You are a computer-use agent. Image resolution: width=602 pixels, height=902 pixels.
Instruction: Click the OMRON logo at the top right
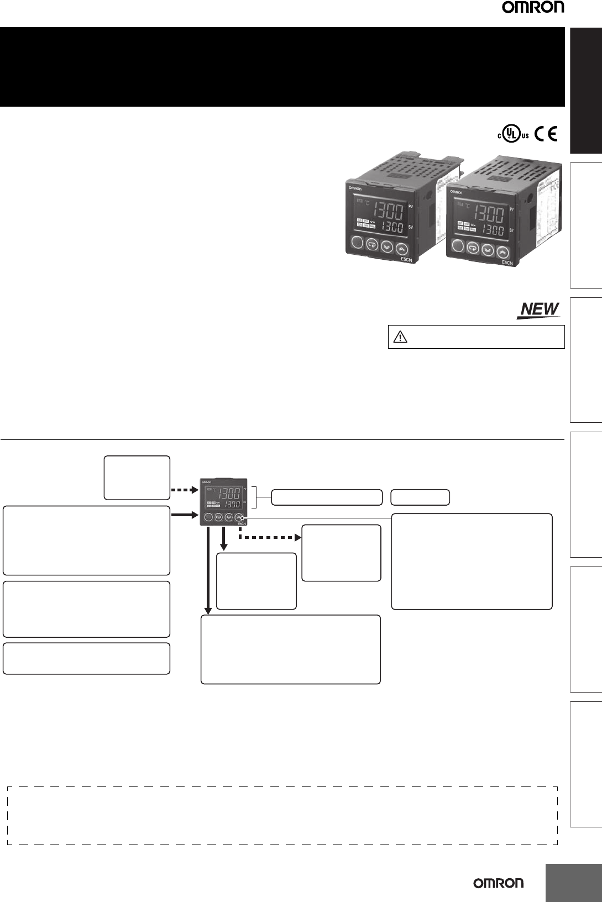pyautogui.click(x=533, y=8)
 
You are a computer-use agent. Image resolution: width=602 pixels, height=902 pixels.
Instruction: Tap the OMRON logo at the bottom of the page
pyautogui.click(x=498, y=883)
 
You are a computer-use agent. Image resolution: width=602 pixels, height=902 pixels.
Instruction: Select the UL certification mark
pyautogui.click(x=505, y=134)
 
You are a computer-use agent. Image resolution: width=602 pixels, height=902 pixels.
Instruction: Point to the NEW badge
pyautogui.click(x=538, y=310)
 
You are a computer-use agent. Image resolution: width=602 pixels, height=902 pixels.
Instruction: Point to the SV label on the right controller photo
pyautogui.click(x=511, y=230)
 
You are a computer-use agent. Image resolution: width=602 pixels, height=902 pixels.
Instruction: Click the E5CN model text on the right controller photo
pyautogui.click(x=507, y=263)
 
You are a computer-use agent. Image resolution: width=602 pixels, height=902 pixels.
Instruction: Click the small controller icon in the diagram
pyautogui.click(x=224, y=500)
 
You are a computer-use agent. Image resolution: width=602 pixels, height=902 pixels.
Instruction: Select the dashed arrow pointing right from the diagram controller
pyautogui.click(x=271, y=537)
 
